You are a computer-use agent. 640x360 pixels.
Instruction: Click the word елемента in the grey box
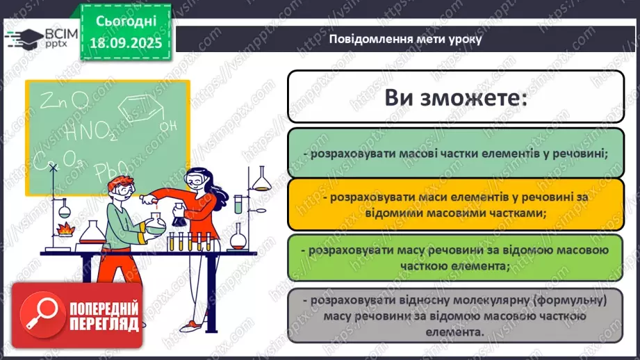(x=455, y=332)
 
